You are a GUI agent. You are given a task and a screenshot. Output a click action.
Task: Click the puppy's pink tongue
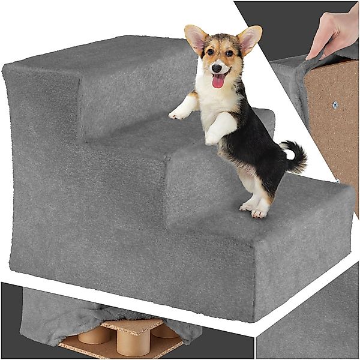[218, 80]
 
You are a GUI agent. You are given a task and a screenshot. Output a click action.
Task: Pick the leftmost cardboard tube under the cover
[94, 334]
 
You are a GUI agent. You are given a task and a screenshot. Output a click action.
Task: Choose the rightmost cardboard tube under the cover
[164, 330]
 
